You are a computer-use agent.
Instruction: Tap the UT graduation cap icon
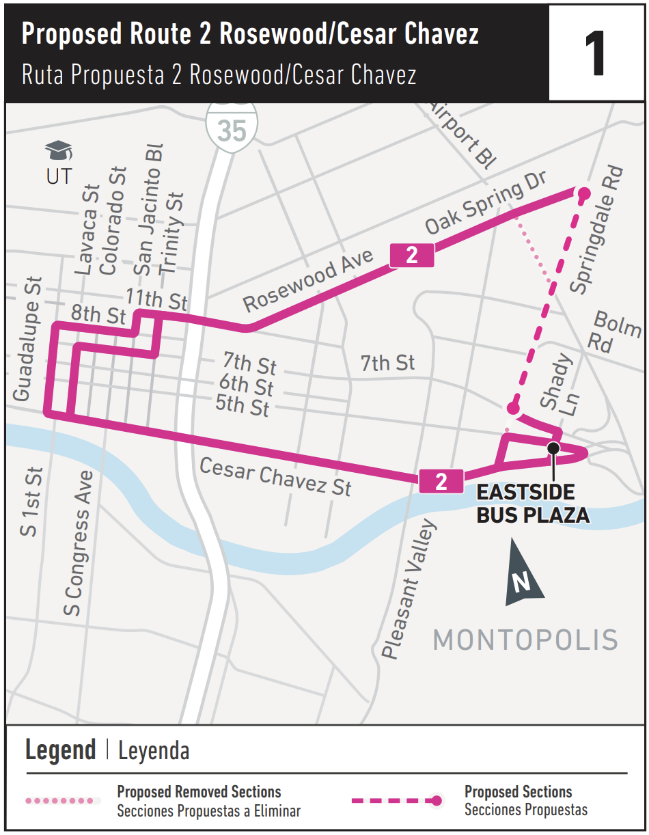[x=59, y=150]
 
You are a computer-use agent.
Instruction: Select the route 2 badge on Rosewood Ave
[x=412, y=256]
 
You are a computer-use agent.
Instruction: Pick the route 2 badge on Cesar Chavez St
[x=441, y=481]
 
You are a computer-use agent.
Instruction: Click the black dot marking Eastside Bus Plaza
[x=553, y=448]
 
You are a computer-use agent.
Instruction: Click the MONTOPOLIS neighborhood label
[x=525, y=640]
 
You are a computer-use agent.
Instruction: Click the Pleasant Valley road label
[x=408, y=589]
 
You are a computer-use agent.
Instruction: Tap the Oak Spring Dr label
[x=486, y=204]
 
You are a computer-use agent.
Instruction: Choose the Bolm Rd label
[x=611, y=331]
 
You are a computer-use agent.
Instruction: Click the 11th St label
[x=156, y=299]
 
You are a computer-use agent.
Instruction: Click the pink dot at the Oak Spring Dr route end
[x=583, y=194]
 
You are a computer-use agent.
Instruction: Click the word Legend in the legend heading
[x=60, y=750]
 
